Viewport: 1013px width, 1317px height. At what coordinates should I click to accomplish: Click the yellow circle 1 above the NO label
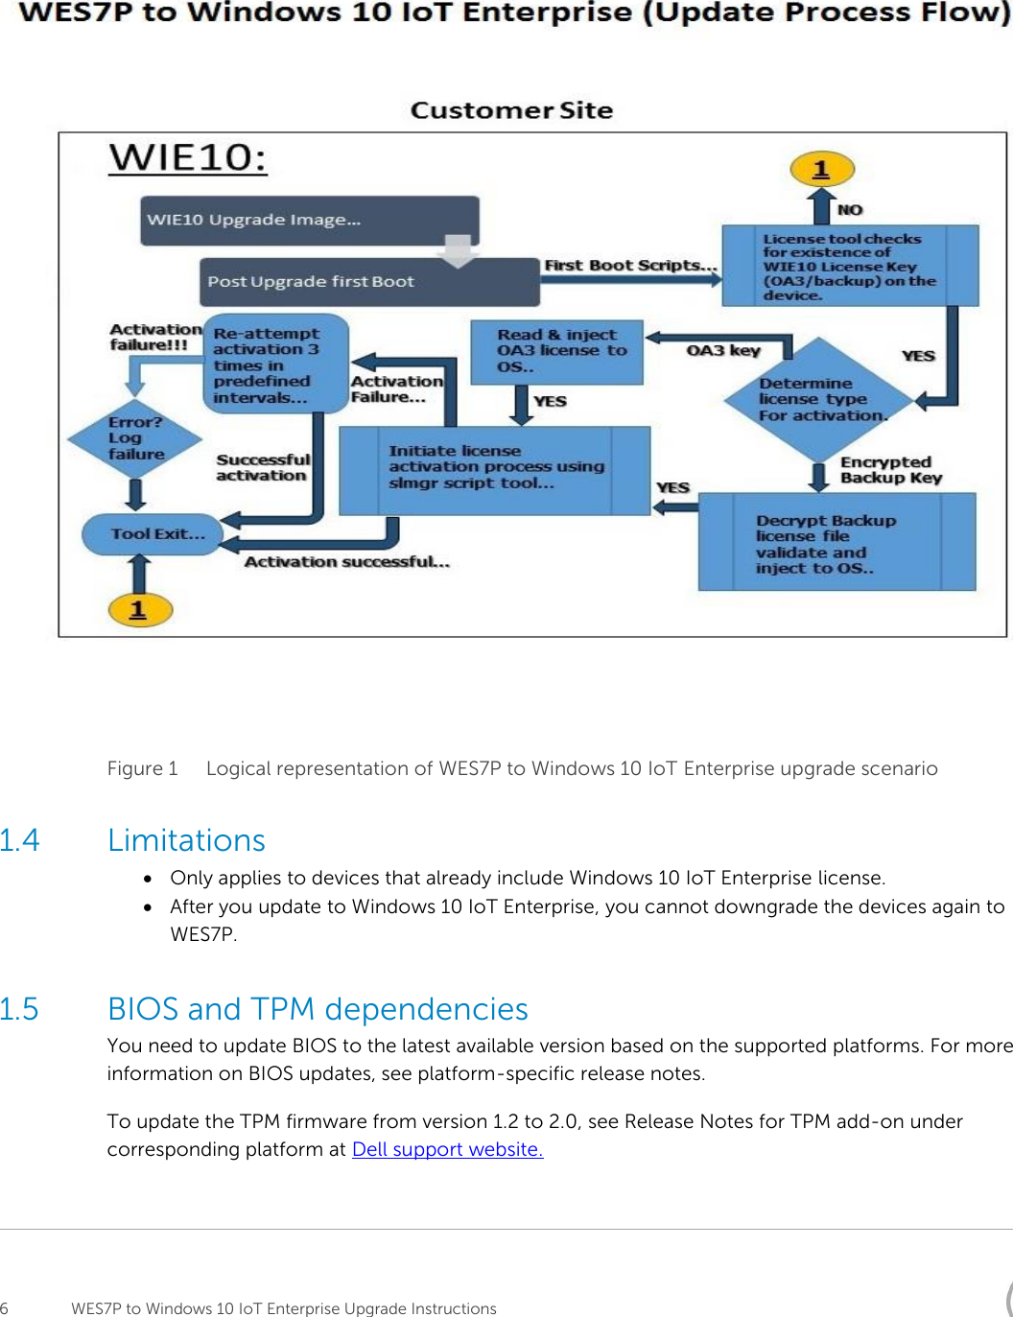[821, 170]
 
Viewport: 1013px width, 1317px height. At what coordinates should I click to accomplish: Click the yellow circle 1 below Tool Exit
[139, 609]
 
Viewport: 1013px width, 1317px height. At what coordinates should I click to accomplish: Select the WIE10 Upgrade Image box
[309, 220]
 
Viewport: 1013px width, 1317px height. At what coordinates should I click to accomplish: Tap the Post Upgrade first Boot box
[369, 282]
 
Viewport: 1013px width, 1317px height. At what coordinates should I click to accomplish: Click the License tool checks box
[849, 266]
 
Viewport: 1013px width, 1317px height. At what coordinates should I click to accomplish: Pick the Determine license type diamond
[818, 399]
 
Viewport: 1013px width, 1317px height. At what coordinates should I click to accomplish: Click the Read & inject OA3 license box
[556, 351]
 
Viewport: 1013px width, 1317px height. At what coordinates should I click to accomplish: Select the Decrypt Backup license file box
[836, 543]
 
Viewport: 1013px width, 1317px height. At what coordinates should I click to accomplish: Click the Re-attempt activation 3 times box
[274, 364]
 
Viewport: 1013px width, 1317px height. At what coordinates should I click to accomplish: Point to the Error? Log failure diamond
[134, 438]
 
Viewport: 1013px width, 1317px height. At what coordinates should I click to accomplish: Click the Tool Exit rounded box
[153, 534]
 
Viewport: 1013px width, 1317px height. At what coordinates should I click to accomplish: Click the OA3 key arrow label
[723, 350]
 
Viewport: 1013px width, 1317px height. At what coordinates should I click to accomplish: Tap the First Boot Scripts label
[629, 266]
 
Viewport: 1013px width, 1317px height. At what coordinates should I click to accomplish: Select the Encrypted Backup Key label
[890, 470]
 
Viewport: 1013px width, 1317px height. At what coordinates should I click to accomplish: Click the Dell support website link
[447, 1149]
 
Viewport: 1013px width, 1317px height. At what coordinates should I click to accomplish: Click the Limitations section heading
[186, 840]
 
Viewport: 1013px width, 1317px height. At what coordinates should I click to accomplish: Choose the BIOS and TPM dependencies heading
[318, 1009]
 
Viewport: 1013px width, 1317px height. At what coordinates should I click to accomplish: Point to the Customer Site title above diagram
[511, 110]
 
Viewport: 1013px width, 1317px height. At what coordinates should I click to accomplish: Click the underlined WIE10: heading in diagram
[188, 157]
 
